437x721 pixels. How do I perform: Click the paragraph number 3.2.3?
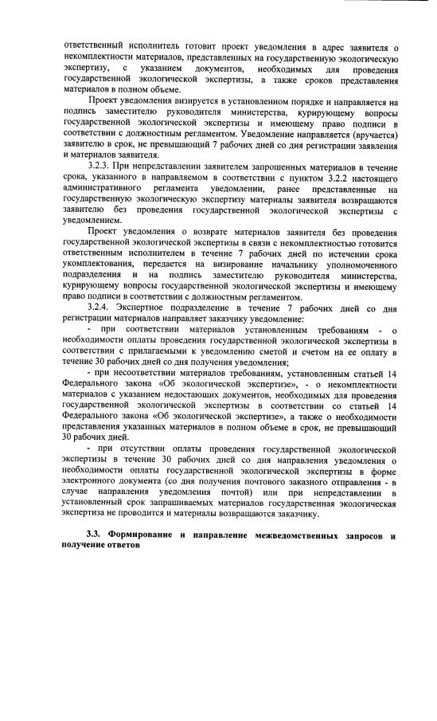pos(102,164)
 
